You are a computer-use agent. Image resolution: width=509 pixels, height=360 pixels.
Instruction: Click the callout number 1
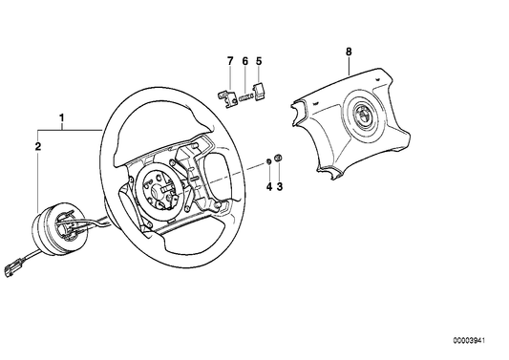(62, 119)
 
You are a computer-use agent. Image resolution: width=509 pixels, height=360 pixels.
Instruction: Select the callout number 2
(37, 147)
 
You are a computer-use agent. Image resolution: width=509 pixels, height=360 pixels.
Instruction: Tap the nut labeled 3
(279, 158)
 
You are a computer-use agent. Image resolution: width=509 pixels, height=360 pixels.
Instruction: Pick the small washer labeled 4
(268, 160)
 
